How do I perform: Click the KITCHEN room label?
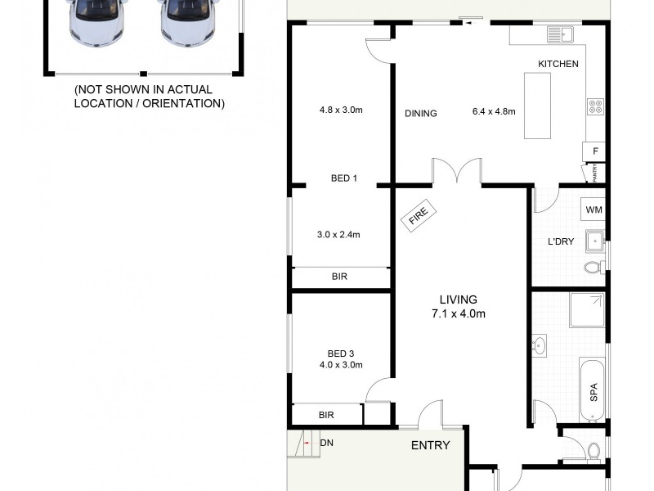[x=558, y=64]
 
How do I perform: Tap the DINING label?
[x=420, y=114]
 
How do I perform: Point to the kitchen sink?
[x=561, y=34]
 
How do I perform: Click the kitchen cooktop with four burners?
[x=594, y=106]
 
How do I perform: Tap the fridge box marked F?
[x=594, y=152]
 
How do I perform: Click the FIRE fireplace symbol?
[x=419, y=216]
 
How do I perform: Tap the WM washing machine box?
[x=594, y=209]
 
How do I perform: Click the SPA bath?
[x=593, y=391]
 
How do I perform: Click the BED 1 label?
[x=344, y=178]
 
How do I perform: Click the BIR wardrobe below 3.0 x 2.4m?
[x=340, y=277]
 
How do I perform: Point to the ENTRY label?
[x=430, y=445]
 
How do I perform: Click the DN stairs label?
[x=326, y=443]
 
